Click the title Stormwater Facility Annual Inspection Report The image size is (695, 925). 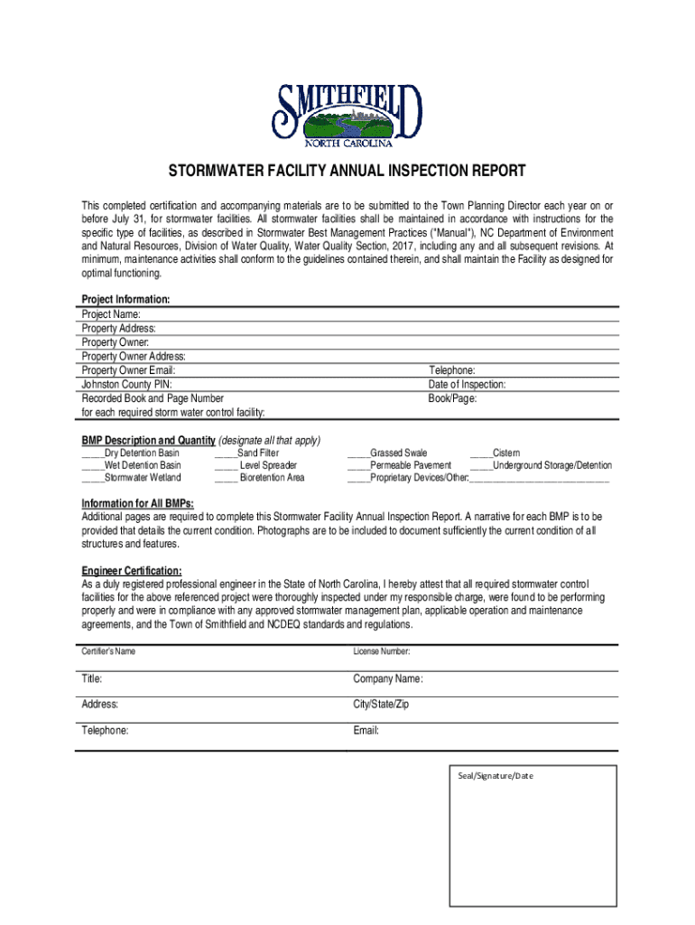pos(347,172)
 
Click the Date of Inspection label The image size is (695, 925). pos(467,384)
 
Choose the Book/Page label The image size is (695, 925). pos(452,397)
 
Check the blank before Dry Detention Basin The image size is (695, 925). pos(93,453)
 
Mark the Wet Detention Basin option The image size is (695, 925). pos(131,465)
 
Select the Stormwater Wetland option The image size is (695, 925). pos(131,478)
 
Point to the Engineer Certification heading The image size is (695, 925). pos(132,571)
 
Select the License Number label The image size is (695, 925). pos(382,651)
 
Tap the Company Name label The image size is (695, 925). pos(388,678)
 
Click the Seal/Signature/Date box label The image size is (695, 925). pos(495,776)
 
